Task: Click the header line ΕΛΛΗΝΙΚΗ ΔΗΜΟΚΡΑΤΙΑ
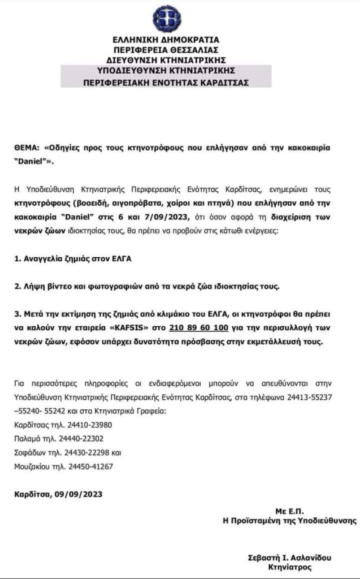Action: (166, 40)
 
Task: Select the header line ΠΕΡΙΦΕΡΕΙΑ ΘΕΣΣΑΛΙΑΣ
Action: (166, 50)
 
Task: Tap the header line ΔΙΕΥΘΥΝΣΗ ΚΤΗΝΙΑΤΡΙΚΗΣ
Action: (166, 59)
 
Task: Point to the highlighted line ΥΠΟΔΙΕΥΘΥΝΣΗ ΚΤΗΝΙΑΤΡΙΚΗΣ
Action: (166, 71)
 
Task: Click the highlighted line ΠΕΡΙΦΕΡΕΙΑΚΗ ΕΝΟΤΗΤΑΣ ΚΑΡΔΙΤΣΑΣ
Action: (166, 82)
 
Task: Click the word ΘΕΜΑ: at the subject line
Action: (26, 147)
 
